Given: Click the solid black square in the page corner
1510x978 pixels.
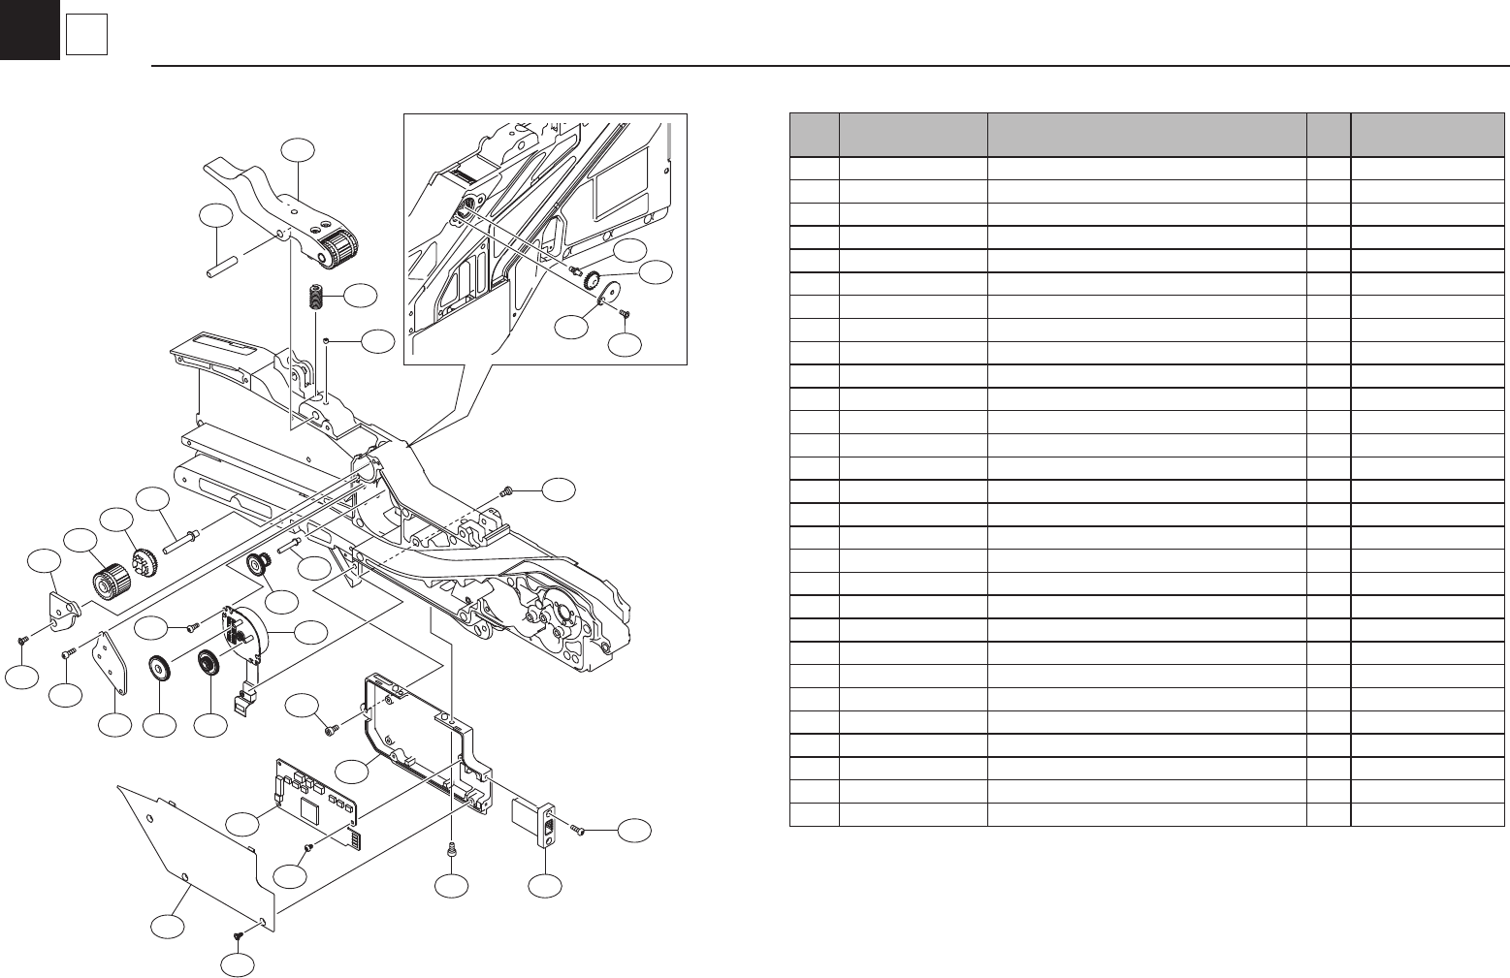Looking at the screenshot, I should tap(29, 29).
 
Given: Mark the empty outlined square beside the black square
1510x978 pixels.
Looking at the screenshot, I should tap(86, 37).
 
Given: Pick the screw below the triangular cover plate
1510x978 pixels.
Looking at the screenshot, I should tap(238, 934).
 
